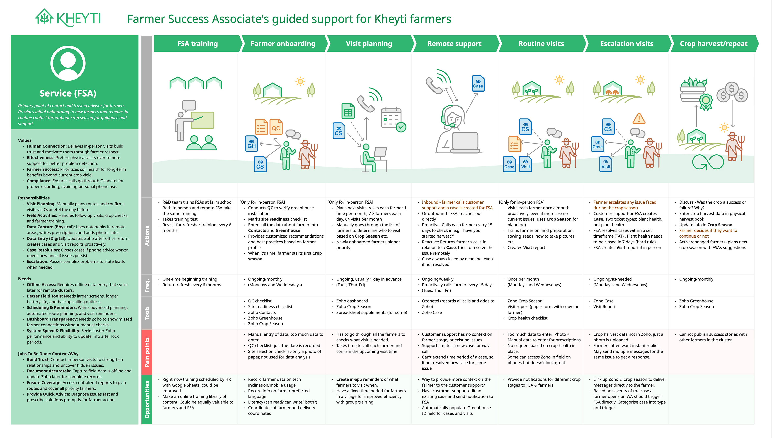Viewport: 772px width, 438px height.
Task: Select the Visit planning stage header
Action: coord(369,44)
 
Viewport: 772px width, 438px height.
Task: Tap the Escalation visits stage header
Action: coord(626,44)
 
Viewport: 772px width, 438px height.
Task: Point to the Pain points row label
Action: coord(147,352)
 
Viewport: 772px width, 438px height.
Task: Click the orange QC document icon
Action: coord(276,127)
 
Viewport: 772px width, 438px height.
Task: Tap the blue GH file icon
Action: coord(252,144)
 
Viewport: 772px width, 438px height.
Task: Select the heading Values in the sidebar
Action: coord(25,140)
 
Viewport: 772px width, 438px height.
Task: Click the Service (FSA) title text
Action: coord(68,93)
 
